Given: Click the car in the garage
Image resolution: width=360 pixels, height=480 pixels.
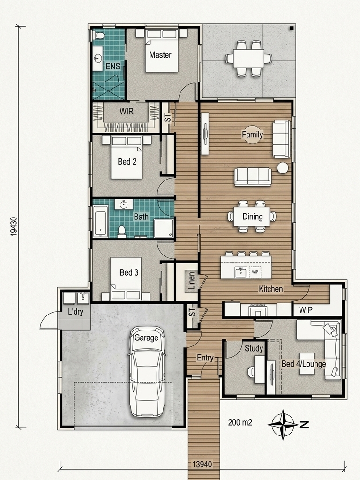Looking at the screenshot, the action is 147,371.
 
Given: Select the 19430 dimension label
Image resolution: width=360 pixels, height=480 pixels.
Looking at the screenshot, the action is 14,226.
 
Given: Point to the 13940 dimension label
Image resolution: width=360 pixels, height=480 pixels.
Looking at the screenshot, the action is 202,464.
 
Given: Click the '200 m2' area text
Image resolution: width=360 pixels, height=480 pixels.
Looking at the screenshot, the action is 240,422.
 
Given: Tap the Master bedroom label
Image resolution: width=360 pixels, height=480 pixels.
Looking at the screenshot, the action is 160,55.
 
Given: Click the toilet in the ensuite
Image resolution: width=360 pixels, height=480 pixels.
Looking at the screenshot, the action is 99,36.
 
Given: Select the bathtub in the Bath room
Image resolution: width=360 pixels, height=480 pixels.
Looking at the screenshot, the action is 101,221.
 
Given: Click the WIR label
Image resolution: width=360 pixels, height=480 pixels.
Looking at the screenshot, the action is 127,111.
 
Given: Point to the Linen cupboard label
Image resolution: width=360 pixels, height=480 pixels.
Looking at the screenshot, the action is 192,281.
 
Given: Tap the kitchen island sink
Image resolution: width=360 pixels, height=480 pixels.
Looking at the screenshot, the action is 241,272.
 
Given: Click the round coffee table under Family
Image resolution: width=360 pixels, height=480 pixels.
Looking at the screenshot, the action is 253,135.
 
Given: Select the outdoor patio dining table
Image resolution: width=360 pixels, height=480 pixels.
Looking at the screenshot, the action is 248,59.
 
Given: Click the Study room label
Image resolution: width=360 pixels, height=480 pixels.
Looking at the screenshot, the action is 254,348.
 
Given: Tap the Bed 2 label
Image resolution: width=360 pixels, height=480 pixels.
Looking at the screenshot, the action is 127,161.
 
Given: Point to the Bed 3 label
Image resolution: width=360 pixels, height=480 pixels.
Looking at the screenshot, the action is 129,272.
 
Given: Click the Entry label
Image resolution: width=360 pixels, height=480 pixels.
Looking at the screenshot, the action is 205,358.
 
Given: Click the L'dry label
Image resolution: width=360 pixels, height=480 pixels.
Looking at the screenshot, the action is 75,312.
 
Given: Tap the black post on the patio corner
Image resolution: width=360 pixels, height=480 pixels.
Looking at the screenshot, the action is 292,28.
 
